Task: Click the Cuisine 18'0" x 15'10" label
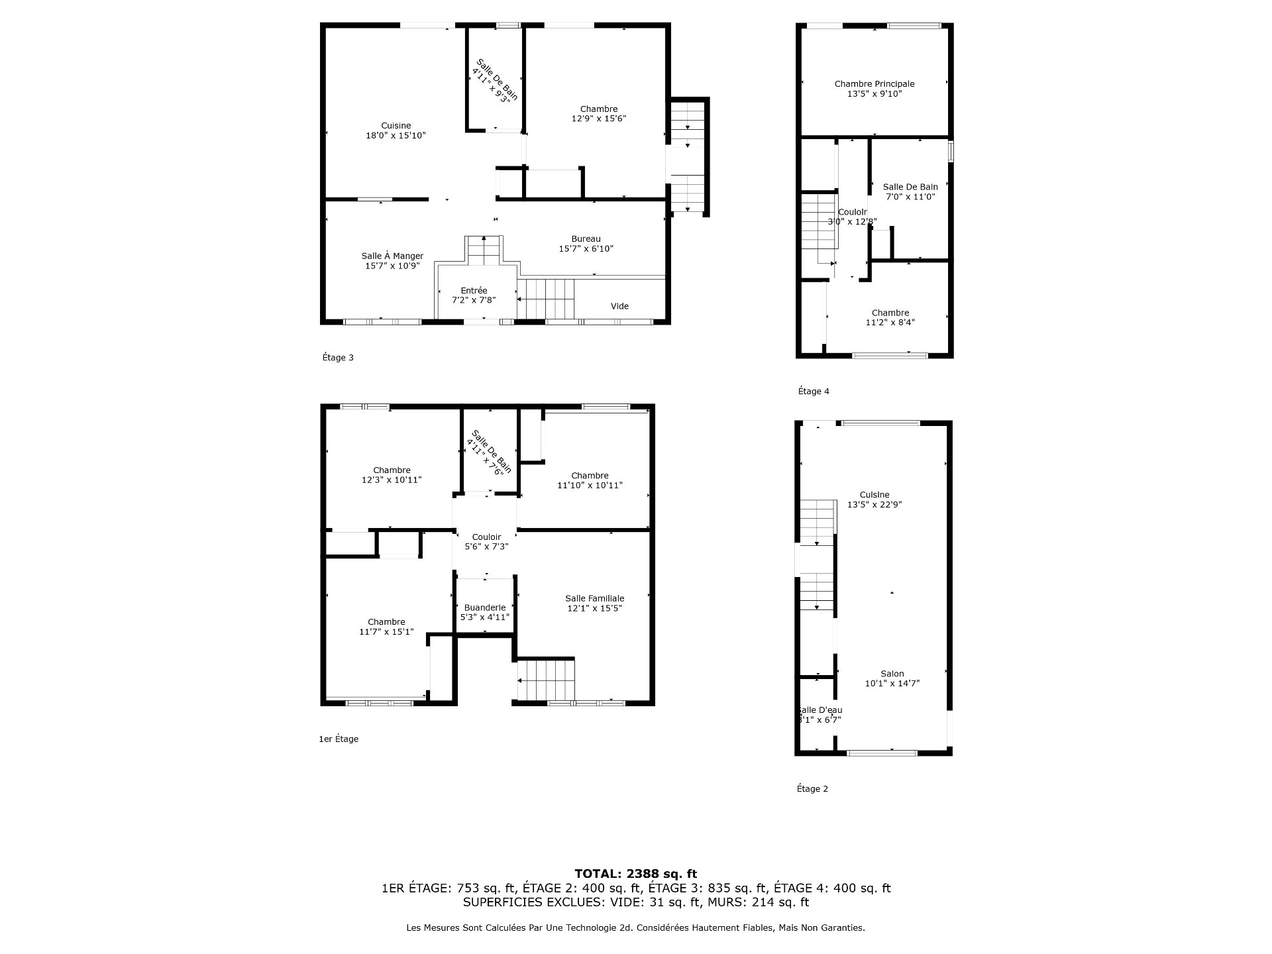coord(396,131)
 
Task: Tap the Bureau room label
coord(586,244)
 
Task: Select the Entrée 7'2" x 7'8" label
coord(474,295)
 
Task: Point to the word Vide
coord(619,306)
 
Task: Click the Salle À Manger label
coord(392,261)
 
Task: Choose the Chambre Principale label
coord(874,89)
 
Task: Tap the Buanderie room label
coord(484,612)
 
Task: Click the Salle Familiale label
coord(594,603)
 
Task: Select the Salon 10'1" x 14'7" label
coord(892,678)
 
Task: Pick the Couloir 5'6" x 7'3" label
coord(486,542)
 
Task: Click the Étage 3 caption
coord(338,358)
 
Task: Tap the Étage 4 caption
coord(814,392)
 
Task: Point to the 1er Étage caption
coord(339,739)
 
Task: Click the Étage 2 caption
coord(812,788)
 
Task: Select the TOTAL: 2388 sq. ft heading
coord(635,874)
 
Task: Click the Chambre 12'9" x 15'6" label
coord(598,114)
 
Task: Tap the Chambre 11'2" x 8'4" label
coord(890,317)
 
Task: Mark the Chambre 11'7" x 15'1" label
coord(386,627)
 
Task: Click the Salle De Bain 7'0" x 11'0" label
coord(910,191)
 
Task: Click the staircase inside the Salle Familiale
coord(546,680)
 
